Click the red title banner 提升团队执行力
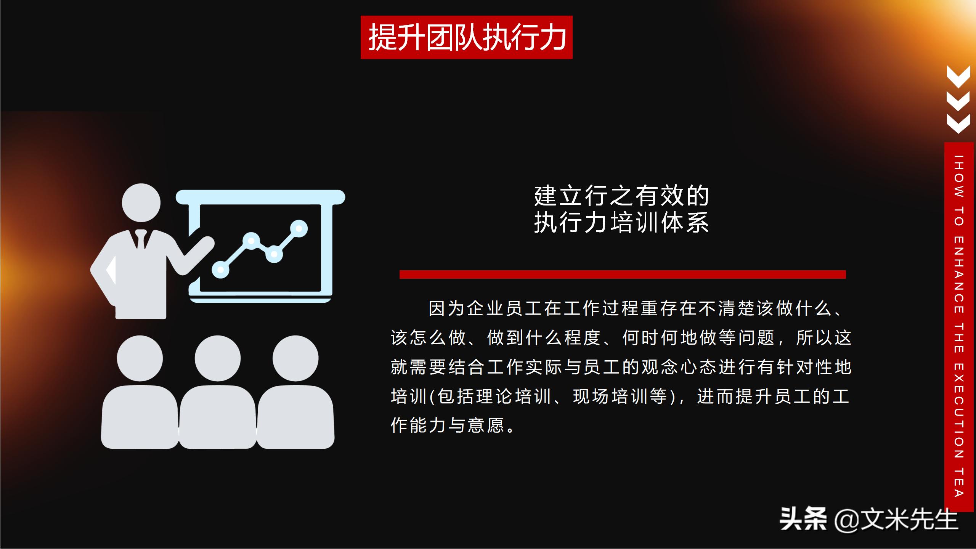(466, 37)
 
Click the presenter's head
(141, 202)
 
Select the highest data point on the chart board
(299, 228)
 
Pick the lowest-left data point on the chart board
(220, 270)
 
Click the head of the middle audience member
(218, 358)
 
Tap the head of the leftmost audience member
(140, 358)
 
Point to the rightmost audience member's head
(295, 358)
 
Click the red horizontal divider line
(623, 274)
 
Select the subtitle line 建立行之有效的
(621, 196)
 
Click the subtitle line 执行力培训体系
(621, 223)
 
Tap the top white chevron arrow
(958, 76)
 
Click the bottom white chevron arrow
(958, 124)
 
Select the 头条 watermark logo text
(803, 519)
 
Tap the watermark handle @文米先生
(896, 520)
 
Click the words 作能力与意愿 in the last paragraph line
(448, 425)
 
